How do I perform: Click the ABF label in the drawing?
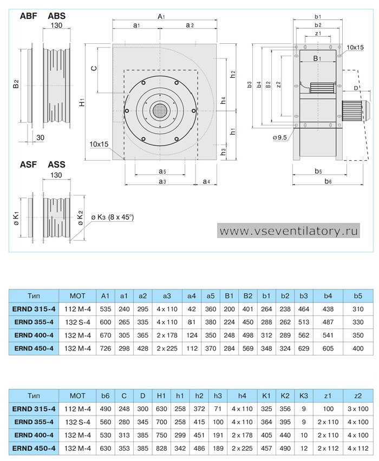[29, 16]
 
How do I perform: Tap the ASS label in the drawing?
[56, 164]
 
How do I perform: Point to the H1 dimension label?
[82, 102]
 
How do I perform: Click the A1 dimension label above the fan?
[161, 16]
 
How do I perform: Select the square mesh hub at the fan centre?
[160, 111]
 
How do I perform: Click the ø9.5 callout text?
[280, 137]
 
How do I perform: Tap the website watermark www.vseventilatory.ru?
[289, 231]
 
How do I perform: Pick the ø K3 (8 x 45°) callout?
[112, 218]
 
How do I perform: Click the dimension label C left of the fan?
[94, 69]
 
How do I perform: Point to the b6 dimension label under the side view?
[328, 181]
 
